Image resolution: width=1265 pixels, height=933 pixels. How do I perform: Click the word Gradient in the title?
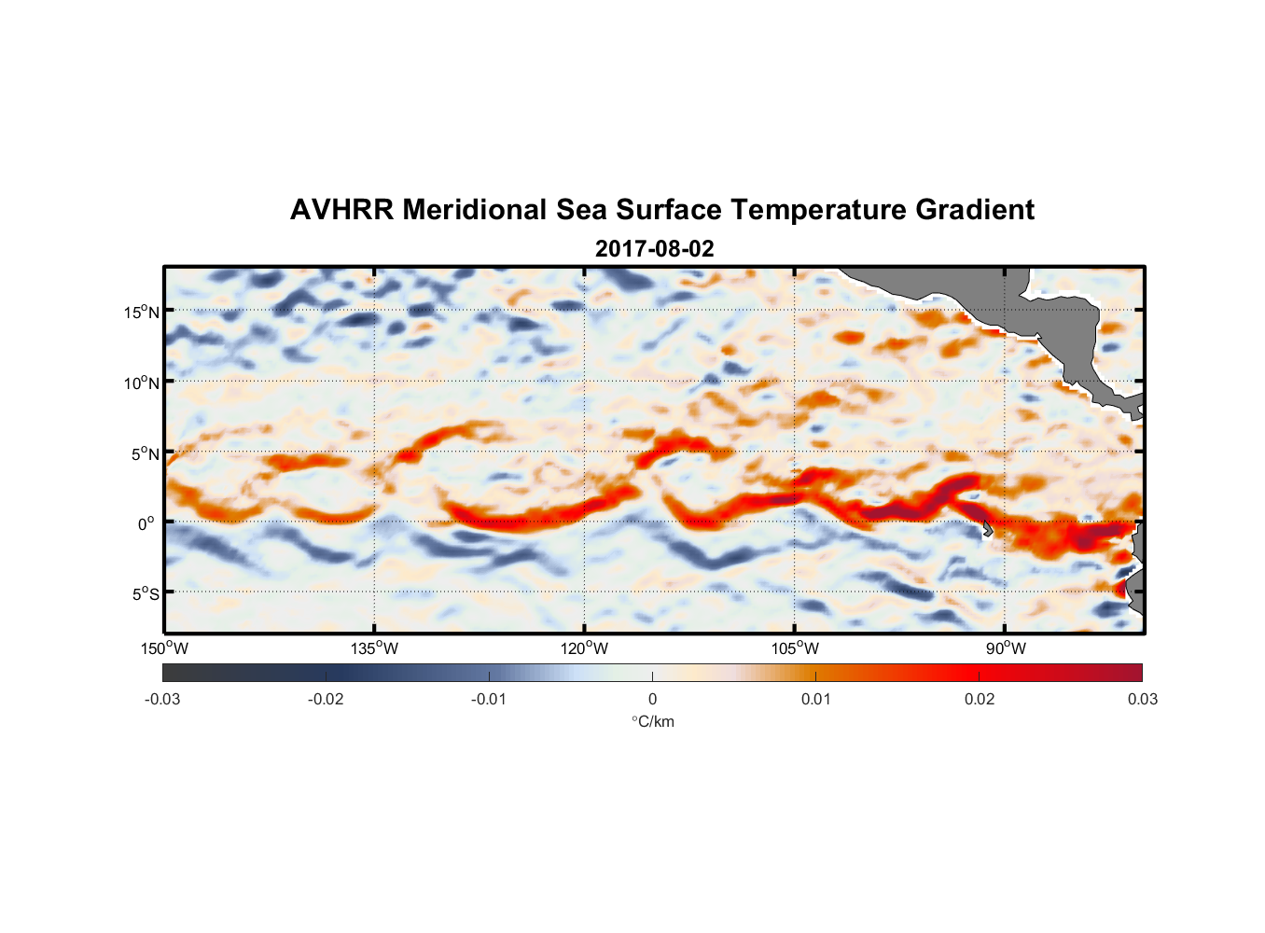click(975, 210)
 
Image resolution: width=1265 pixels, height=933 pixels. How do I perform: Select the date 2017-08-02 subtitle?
click(654, 249)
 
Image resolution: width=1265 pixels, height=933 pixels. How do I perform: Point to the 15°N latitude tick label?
click(142, 312)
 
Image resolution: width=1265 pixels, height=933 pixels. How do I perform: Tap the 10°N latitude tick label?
click(142, 383)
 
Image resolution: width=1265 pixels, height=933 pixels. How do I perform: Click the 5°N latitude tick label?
click(145, 453)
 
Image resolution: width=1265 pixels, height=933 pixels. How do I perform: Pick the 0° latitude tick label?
click(146, 523)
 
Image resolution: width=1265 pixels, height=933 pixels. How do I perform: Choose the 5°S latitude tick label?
click(145, 593)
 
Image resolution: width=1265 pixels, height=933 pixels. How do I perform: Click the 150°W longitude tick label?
click(165, 648)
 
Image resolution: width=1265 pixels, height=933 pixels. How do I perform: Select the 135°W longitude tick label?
click(375, 648)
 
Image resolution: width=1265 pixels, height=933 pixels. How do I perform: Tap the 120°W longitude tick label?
click(585, 648)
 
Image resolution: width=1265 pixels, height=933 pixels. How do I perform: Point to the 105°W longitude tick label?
click(795, 648)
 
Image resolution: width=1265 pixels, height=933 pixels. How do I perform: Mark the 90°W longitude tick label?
click(1006, 648)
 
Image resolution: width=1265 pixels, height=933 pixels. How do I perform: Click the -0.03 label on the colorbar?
click(162, 699)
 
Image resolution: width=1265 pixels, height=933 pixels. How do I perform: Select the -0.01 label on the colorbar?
click(489, 699)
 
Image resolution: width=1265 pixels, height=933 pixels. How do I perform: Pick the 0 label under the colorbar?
click(652, 699)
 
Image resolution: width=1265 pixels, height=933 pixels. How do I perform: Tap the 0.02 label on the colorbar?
click(980, 699)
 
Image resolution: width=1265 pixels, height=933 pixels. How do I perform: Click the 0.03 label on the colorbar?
click(1142, 699)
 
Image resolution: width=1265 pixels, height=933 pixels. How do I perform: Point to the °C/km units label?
click(653, 721)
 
